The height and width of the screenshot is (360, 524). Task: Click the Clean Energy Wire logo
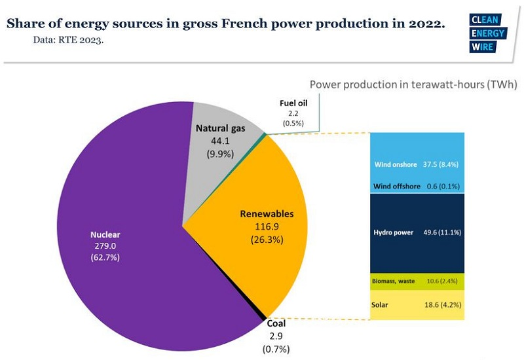click(488, 33)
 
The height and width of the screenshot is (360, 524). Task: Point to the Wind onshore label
click(396, 164)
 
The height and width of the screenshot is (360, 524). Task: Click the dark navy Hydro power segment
click(417, 233)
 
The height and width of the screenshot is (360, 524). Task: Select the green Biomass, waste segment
click(417, 281)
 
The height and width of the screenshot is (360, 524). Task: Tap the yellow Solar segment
click(417, 305)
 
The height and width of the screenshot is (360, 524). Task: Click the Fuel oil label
click(293, 103)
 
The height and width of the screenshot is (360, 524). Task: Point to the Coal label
click(276, 323)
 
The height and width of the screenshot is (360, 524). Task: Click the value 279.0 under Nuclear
click(105, 246)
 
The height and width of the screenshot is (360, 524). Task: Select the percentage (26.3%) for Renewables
click(267, 240)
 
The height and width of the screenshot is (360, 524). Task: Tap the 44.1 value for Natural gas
click(220, 141)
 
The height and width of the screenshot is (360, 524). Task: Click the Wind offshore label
click(397, 187)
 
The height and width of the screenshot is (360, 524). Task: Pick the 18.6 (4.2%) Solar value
click(443, 305)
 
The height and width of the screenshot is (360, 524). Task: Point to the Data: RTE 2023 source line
click(68, 40)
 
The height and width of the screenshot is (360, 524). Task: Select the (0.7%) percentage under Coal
click(276, 350)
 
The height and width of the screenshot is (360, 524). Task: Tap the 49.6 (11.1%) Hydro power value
click(442, 232)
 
